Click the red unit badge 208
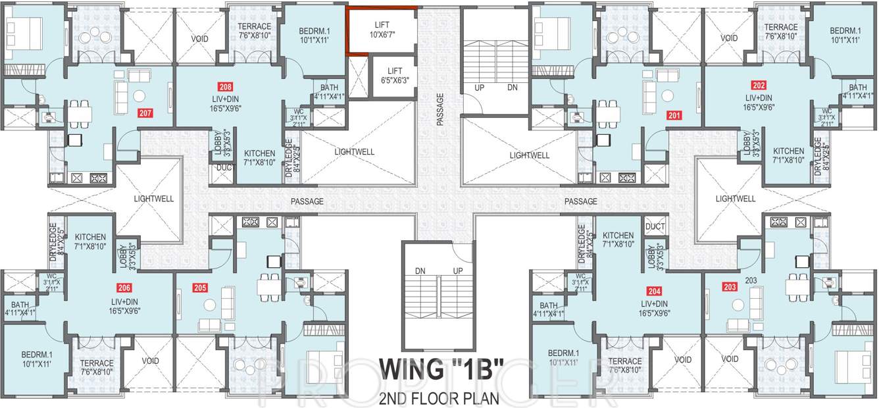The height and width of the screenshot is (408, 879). (226, 86)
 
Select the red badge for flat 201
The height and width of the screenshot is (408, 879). (674, 115)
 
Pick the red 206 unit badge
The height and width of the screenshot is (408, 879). (124, 287)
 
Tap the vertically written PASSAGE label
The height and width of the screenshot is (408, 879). (439, 109)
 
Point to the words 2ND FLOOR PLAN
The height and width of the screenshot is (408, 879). (439, 398)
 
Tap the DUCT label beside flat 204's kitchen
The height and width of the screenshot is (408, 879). (655, 226)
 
